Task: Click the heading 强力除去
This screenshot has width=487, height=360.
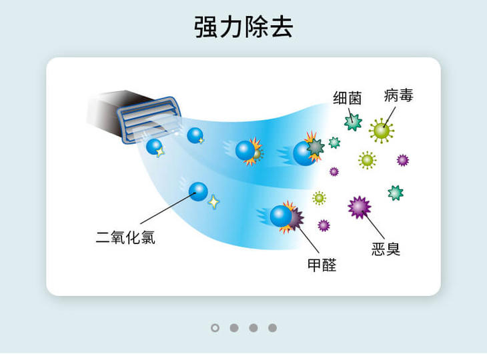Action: coord(243,27)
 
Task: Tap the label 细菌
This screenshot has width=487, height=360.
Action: coord(347,98)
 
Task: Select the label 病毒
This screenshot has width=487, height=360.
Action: coord(398,95)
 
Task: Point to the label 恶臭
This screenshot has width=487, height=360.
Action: coord(386,249)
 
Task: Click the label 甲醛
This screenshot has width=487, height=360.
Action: coord(322,265)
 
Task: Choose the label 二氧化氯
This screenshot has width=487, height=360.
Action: coord(125,237)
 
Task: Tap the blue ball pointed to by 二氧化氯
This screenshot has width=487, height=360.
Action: coord(198,191)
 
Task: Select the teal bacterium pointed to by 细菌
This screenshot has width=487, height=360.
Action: coord(352,122)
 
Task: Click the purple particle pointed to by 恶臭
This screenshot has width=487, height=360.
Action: coord(360,207)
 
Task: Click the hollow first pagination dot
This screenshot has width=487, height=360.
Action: coord(215,327)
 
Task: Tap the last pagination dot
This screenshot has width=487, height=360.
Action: coord(272,327)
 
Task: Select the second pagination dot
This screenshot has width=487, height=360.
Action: coord(234,327)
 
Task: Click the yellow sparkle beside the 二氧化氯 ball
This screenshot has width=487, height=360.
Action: coord(213,201)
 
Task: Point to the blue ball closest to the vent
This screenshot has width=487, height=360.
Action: coord(154,146)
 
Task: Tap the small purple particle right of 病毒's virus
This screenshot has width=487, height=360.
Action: coord(402,160)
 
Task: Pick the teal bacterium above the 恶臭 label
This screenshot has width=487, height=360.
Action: coord(396,193)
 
